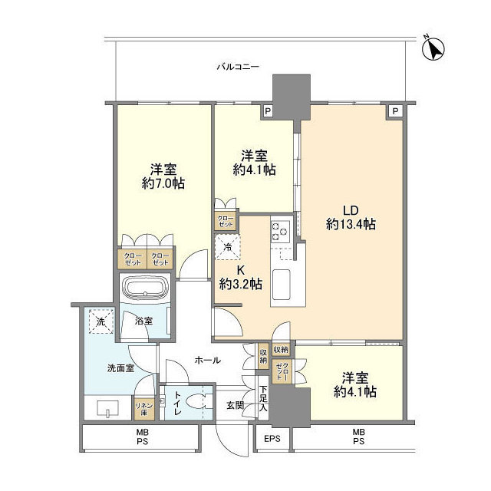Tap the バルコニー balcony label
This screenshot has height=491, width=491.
pos(237,68)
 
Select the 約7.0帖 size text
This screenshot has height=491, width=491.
pos(163,183)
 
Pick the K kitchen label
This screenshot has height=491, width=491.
pos(240,269)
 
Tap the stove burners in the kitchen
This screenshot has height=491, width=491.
pos(279,230)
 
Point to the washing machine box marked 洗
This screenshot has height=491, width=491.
pos(100,321)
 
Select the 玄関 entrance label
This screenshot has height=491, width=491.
pos(234,404)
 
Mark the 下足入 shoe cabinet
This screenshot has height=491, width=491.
pos(262,402)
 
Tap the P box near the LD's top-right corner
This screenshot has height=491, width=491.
pos(394,112)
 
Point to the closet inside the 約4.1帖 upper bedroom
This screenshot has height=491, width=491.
pos(226,218)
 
